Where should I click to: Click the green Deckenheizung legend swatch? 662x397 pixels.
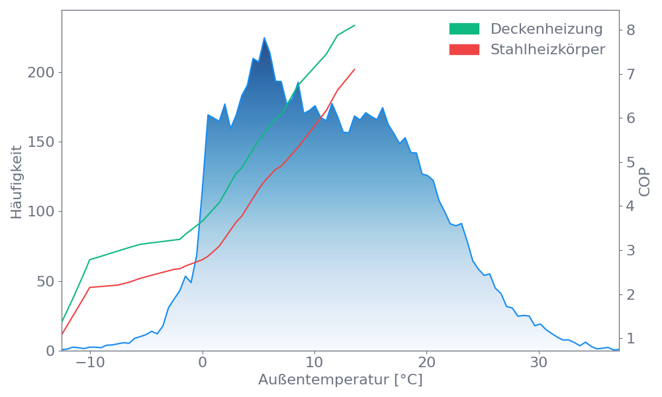(464, 29)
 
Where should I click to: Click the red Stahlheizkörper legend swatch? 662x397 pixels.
(464, 50)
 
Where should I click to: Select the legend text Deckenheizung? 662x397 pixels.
(546, 29)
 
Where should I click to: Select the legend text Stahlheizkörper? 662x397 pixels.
(547, 50)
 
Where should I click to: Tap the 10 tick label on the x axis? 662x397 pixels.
(315, 363)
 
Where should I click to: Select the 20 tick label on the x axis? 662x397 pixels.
(427, 363)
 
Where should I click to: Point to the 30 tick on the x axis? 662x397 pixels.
(540, 363)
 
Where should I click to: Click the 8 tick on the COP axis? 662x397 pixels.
(631, 30)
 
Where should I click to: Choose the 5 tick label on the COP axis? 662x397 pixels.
(631, 162)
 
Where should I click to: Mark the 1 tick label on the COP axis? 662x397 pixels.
(631, 338)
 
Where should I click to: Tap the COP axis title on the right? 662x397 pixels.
(645, 181)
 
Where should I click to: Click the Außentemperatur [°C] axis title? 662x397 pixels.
(340, 380)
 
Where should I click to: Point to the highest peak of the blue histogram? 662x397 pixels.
(264, 38)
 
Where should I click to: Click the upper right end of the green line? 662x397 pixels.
(355, 25)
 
